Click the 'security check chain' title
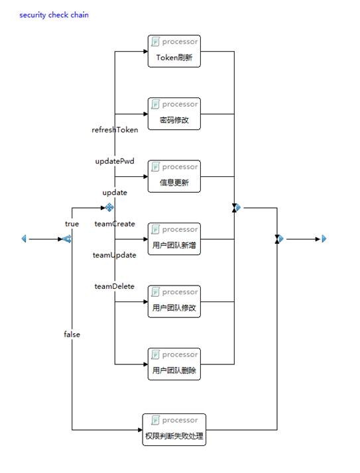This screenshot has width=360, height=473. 54,15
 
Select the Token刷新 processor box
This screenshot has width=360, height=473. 174,51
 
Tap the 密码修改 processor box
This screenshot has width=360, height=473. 174,114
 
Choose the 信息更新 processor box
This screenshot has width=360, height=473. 174,176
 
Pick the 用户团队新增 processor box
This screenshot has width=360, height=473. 174,239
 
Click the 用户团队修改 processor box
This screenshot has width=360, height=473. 174,301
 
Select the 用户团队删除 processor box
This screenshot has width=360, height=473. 174,364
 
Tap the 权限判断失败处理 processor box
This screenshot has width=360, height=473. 174,429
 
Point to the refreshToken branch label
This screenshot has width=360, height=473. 115,130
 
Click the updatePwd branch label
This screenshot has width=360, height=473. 115,162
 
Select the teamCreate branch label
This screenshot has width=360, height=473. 115,224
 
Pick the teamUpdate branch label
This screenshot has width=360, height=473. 115,255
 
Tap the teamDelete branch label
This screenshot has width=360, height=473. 115,286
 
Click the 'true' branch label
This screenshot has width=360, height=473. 72,224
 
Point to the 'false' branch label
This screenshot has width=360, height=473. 72,335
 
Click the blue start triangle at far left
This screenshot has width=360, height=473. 24,239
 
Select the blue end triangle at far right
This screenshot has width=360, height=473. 324,239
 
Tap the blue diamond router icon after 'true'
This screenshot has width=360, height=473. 109,207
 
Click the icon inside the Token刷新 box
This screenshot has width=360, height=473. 155,42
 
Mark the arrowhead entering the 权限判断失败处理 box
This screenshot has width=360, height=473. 140,430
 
